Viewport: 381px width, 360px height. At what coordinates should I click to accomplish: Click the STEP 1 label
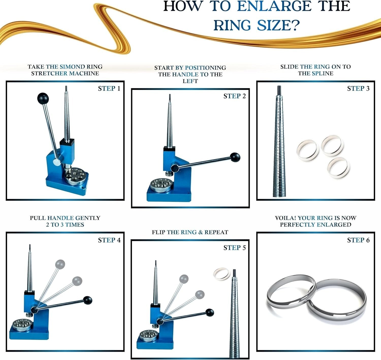[x=109, y=89]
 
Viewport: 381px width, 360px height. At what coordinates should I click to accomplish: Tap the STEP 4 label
[x=109, y=240]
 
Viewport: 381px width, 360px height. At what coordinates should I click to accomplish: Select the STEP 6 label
[x=358, y=240]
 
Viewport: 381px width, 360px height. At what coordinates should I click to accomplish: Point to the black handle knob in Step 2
[x=235, y=157]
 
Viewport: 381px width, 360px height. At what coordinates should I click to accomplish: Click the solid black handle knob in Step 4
[x=88, y=300]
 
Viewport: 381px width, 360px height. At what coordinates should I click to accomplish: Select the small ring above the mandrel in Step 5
[x=221, y=274]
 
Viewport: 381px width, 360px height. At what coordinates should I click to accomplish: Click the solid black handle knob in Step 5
[x=210, y=313]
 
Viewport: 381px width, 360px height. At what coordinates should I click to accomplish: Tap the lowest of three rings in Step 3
[x=339, y=167]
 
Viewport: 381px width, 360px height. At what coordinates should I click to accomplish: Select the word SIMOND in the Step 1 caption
[x=72, y=67]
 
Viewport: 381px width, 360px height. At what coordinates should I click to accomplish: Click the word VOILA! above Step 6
[x=285, y=218]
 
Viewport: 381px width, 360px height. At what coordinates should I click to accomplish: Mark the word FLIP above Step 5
[x=158, y=232]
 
